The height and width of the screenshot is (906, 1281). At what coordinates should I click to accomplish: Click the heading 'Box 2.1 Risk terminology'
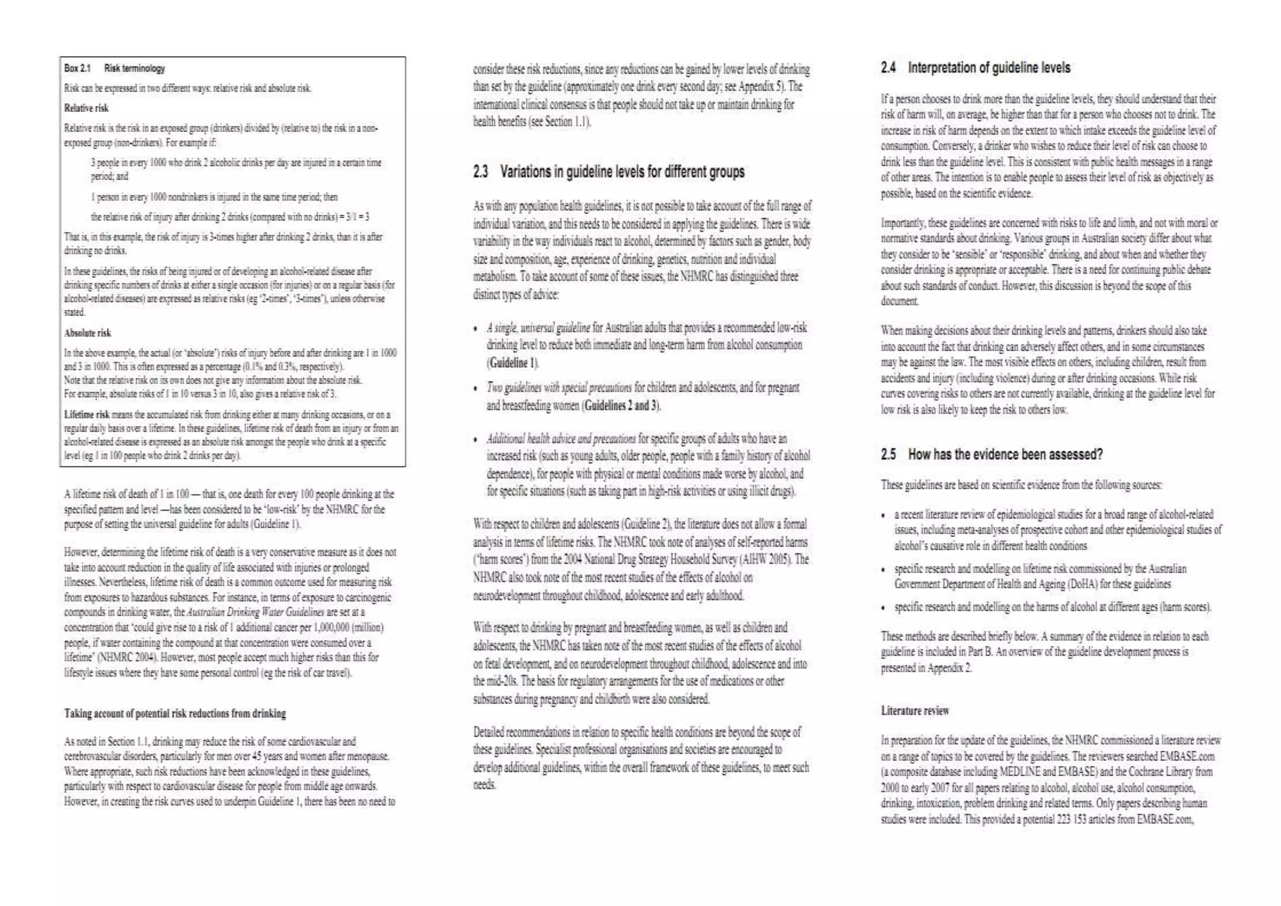[114, 68]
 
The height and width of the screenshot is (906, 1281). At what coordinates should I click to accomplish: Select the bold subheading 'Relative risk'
[86, 108]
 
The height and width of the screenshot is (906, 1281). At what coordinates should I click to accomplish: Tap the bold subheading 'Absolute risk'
[88, 333]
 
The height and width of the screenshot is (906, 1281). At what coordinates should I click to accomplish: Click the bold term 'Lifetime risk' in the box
[87, 415]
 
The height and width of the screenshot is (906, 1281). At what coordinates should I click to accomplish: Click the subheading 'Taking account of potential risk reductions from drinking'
[175, 713]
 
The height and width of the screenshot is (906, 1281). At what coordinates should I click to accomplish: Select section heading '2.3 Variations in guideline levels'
[609, 171]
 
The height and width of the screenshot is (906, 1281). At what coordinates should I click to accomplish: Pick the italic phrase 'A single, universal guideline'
[539, 328]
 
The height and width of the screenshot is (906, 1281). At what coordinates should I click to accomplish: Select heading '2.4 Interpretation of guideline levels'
[976, 68]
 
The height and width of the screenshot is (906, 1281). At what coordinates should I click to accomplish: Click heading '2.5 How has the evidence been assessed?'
[991, 454]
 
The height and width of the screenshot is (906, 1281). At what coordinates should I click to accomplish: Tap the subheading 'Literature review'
[914, 711]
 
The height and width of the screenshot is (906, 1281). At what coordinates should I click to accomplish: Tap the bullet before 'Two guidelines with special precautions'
[476, 389]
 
